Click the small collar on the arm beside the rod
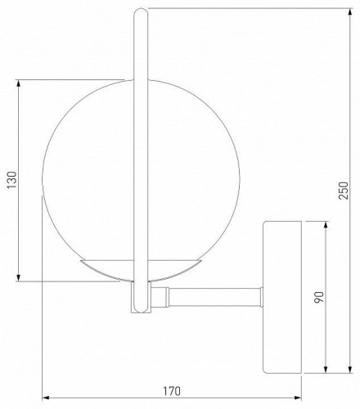[x=167, y=294]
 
